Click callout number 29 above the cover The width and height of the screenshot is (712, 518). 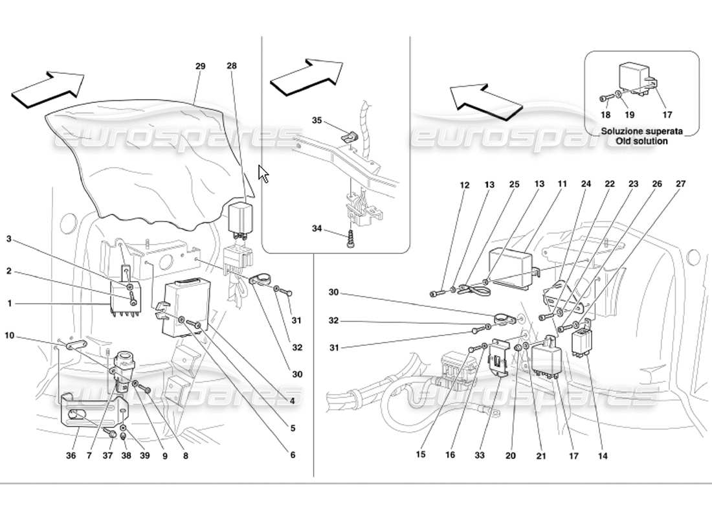tap(200, 66)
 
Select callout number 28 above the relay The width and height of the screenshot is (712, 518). tap(232, 66)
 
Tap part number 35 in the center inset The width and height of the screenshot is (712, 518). tap(317, 120)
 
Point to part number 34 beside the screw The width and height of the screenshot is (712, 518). tap(317, 228)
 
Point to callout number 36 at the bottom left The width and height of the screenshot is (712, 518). tap(72, 455)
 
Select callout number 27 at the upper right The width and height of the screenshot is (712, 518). tap(680, 185)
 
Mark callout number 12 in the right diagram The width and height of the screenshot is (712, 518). tap(464, 185)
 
